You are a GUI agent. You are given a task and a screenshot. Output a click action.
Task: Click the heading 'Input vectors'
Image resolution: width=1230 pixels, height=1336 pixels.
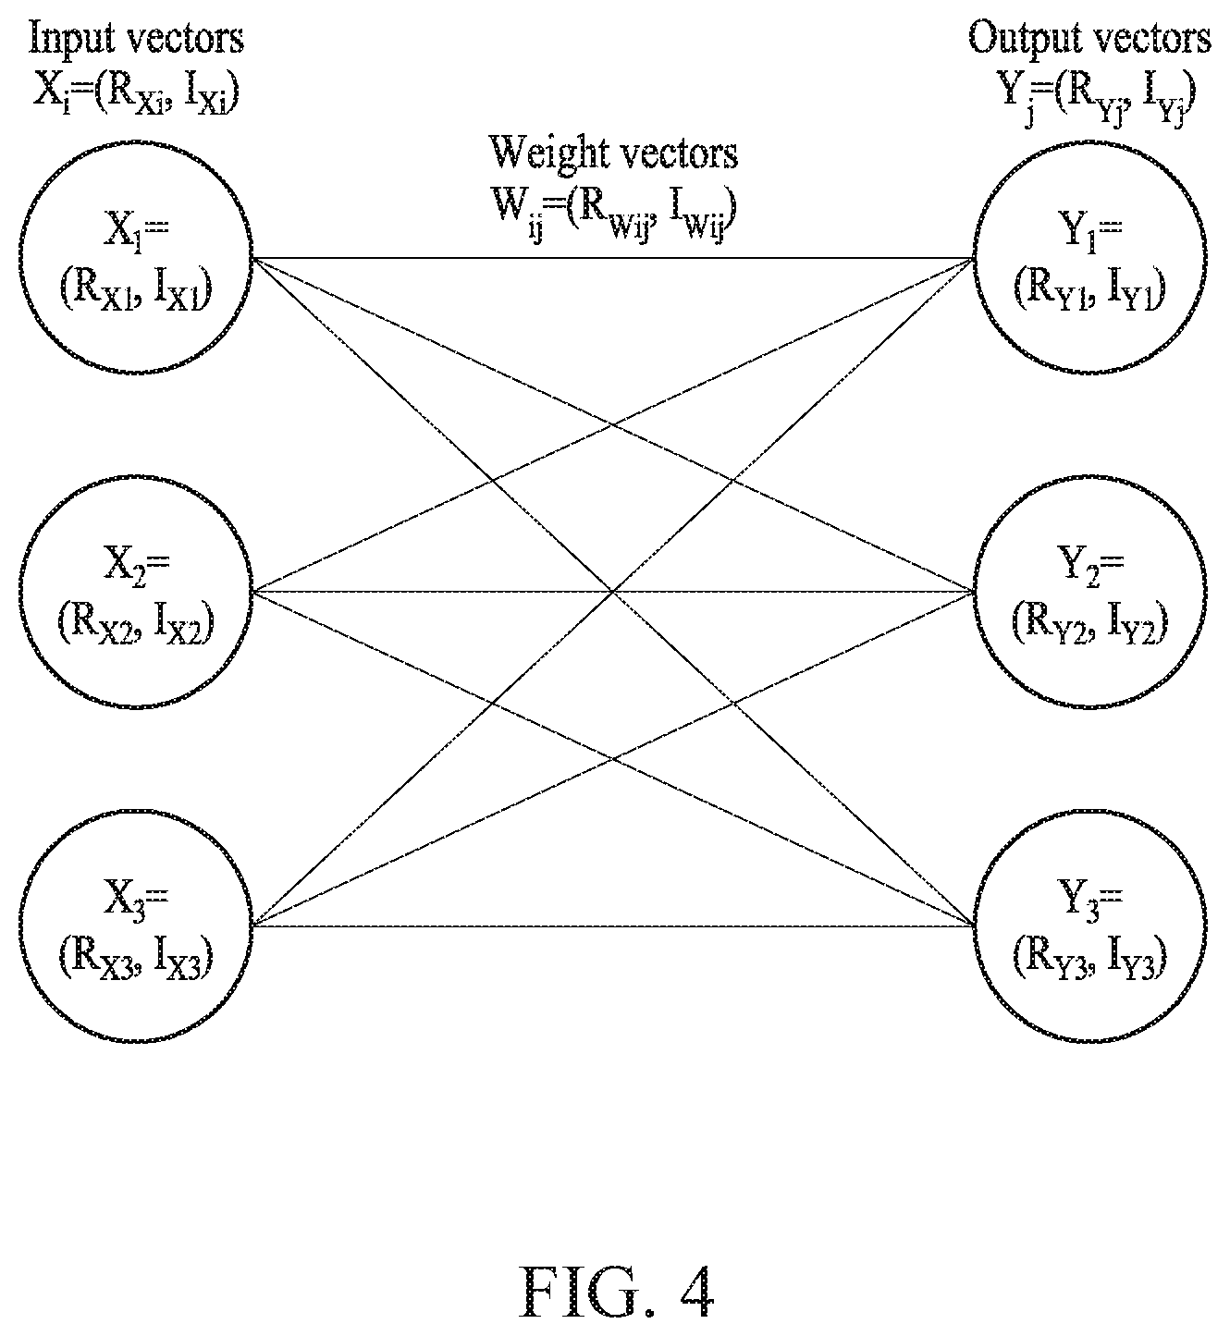tap(137, 39)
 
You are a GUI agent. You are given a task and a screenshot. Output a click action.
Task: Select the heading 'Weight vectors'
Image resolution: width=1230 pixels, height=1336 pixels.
tap(614, 153)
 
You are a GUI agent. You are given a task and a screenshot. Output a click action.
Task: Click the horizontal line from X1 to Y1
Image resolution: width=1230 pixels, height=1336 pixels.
tap(613, 258)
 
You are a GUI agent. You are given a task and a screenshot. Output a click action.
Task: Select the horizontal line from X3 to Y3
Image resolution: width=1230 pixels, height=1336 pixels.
tap(613, 925)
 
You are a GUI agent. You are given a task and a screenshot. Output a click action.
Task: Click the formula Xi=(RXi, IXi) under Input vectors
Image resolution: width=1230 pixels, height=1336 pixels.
tap(137, 94)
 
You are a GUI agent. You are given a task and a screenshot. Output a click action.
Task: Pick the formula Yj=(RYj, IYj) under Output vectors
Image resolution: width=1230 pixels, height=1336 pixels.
tap(1089, 97)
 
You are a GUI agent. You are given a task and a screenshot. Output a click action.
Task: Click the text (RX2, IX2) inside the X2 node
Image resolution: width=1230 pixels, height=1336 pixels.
tap(136, 625)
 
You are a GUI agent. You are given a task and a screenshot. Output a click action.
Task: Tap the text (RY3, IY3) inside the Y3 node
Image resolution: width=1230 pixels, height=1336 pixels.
tap(1089, 959)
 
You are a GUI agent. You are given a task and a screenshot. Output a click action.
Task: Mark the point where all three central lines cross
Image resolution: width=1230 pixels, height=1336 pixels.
tap(613, 591)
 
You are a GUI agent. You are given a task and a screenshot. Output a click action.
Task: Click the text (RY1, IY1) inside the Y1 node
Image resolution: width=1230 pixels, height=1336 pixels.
tap(1089, 290)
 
